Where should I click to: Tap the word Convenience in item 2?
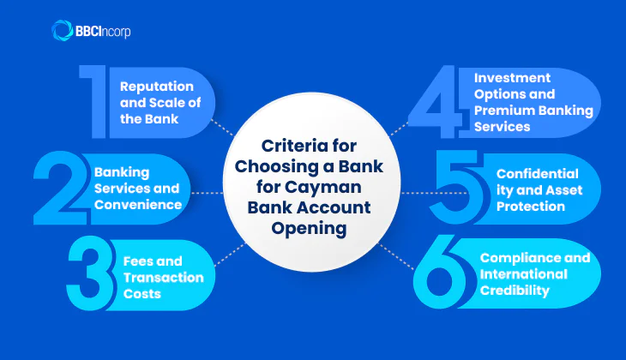[x=137, y=204]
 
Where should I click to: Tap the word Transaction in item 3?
[x=162, y=279]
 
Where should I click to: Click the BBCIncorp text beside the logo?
[x=104, y=33]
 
